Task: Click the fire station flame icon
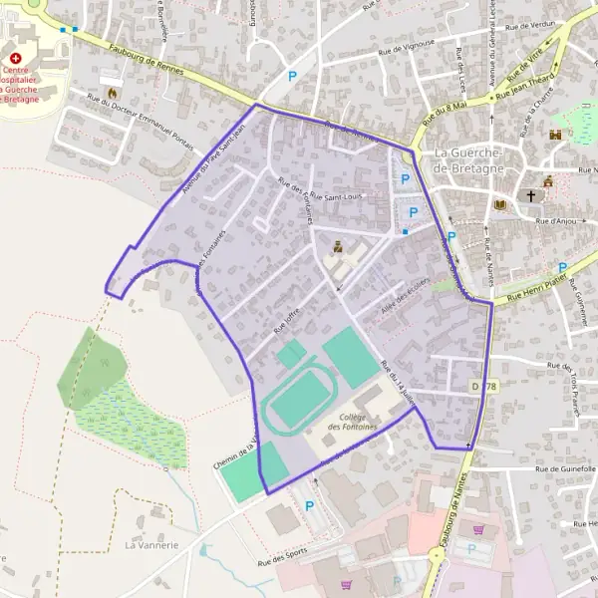point(109,78)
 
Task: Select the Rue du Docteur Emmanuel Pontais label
point(140,118)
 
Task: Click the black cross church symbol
point(531,196)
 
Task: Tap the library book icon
point(500,204)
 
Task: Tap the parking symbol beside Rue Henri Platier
point(563,267)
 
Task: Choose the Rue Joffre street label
point(286,318)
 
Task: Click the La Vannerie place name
point(150,545)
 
